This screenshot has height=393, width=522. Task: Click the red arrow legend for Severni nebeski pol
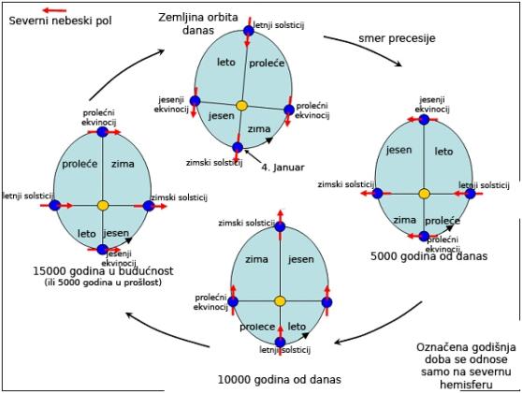click(x=55, y=10)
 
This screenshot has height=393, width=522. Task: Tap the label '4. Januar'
click(x=283, y=167)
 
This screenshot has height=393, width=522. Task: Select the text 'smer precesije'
click(x=397, y=38)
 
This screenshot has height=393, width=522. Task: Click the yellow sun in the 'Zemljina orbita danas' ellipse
click(x=241, y=106)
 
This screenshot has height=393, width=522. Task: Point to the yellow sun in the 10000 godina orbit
click(x=280, y=301)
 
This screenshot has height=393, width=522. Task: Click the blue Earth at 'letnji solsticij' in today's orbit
click(x=249, y=31)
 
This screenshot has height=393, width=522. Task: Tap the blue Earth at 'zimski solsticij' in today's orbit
click(x=238, y=147)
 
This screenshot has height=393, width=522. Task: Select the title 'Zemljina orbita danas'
click(x=198, y=23)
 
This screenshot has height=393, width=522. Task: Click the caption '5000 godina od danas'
click(x=428, y=256)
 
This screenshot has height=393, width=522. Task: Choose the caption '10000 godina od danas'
click(x=280, y=379)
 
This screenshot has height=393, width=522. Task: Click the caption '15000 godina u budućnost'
click(x=103, y=271)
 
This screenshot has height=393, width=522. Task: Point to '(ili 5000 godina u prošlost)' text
click(x=103, y=283)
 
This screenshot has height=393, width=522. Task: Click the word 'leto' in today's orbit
click(x=226, y=63)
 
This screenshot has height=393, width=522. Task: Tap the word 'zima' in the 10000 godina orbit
click(x=256, y=259)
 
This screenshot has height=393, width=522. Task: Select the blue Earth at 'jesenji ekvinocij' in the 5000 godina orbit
click(x=424, y=120)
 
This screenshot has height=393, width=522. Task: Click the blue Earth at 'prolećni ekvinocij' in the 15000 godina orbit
click(x=103, y=132)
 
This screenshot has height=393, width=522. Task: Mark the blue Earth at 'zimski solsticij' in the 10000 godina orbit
click(x=280, y=226)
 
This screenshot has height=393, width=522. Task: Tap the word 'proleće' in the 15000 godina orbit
click(x=80, y=164)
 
